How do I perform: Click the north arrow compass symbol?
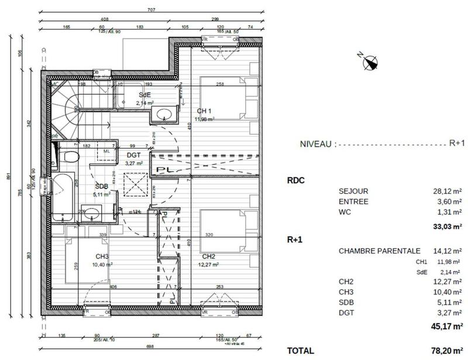(369, 60)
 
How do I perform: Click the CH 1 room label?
(204, 111)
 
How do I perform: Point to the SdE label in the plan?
(145, 95)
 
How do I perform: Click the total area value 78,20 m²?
(443, 350)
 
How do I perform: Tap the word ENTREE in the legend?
(353, 201)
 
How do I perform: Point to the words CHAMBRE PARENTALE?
(371, 251)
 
